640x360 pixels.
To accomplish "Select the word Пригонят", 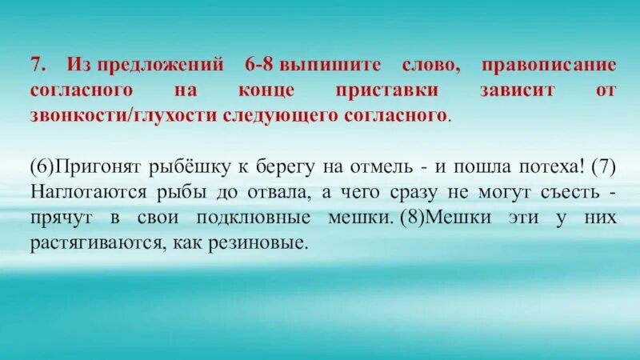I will coord(86,166).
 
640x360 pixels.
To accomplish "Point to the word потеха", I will coord(547,166).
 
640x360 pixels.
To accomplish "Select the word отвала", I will coord(265,192).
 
